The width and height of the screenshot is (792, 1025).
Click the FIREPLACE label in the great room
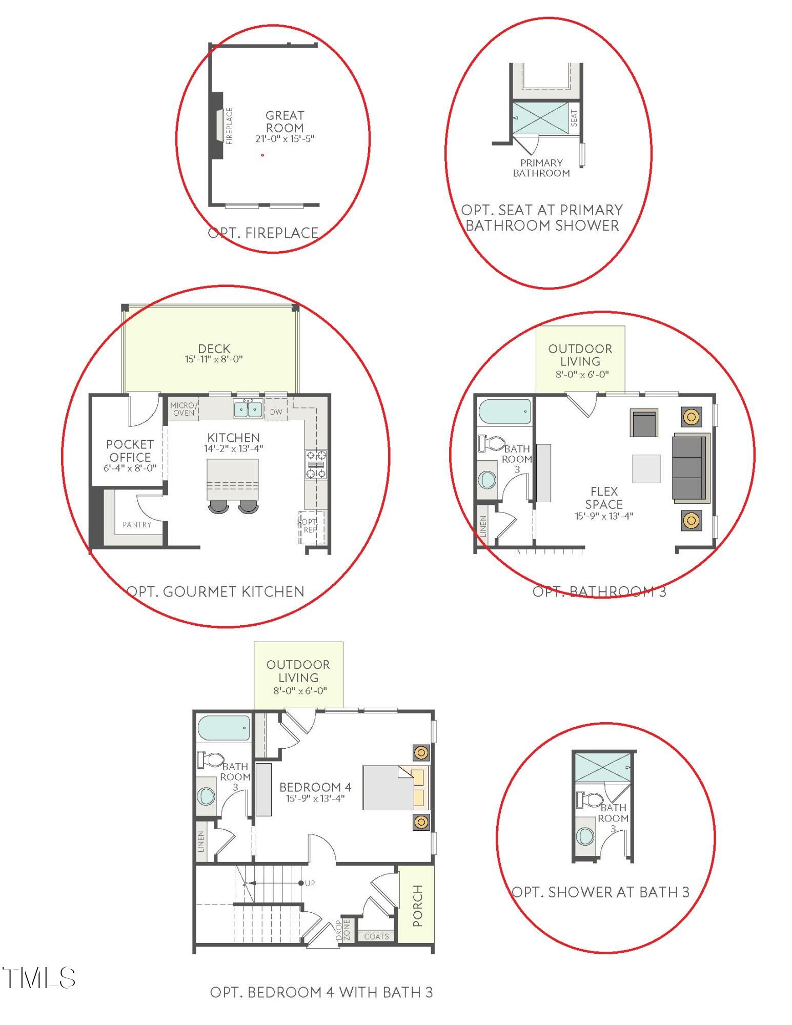(229, 126)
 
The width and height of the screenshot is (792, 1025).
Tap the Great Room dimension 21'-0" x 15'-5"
(285, 138)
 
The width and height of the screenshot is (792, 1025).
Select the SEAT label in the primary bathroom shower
(574, 118)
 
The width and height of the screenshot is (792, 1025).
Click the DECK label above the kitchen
(214, 348)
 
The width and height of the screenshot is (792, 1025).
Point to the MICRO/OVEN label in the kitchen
(183, 409)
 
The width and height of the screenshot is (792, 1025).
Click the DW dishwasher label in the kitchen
(276, 412)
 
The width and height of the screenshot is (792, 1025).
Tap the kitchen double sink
(248, 409)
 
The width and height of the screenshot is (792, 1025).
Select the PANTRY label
(137, 524)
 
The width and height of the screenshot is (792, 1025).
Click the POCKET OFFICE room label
(130, 450)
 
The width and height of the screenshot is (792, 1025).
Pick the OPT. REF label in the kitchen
(310, 526)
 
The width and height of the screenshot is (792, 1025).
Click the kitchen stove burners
(316, 464)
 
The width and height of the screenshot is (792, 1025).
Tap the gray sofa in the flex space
(689, 467)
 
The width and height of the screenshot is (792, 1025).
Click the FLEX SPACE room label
(604, 498)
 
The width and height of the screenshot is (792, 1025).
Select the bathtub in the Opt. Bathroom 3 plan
(504, 412)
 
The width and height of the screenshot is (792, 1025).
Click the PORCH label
(417, 906)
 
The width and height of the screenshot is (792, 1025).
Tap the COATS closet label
(376, 936)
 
